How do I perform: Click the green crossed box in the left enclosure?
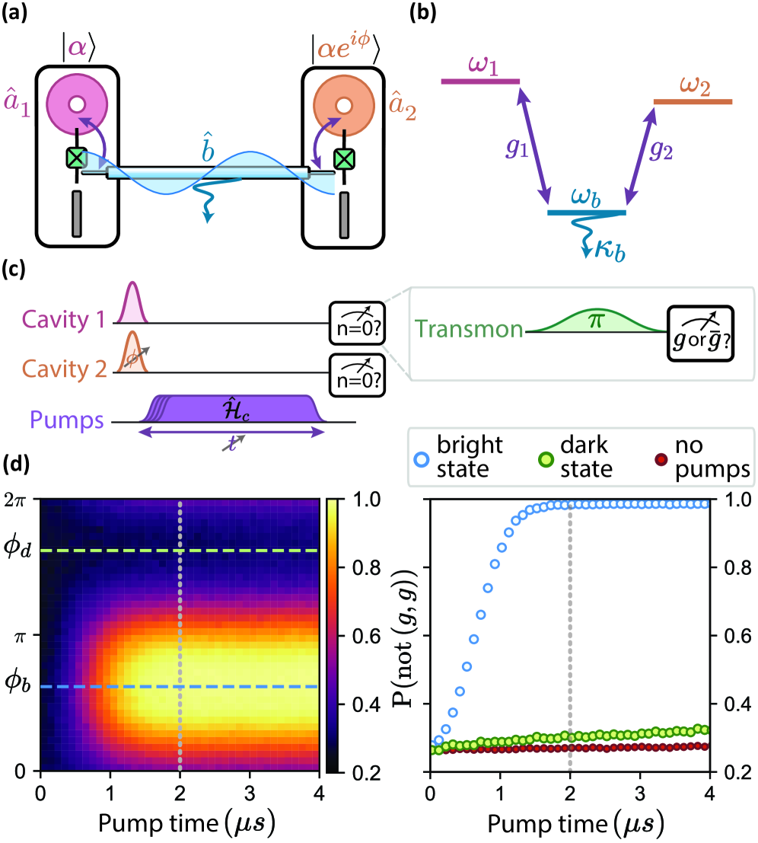pyautogui.click(x=76, y=158)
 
